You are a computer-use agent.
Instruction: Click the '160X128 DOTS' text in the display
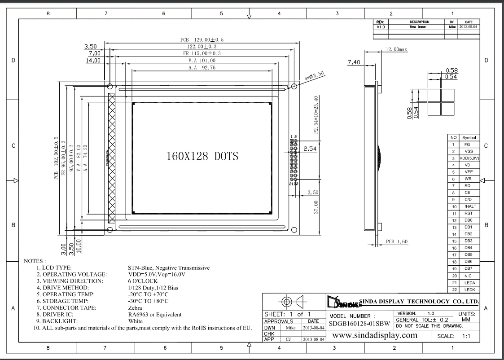pos(202,156)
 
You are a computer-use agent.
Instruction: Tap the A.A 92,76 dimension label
pos(202,68)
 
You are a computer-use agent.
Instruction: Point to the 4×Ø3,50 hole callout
pos(315,76)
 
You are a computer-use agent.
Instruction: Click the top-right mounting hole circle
pos(294,86)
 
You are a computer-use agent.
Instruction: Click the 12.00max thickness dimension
pos(396,49)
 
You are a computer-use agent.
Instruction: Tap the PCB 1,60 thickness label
pos(396,241)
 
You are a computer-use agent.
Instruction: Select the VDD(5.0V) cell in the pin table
pos(469,158)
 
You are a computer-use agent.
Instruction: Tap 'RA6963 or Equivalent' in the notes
pos(155,315)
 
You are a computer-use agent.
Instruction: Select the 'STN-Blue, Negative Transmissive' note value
pos(169,268)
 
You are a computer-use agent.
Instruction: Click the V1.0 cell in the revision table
pos(381,26)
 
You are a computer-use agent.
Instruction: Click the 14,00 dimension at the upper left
pos(93,61)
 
